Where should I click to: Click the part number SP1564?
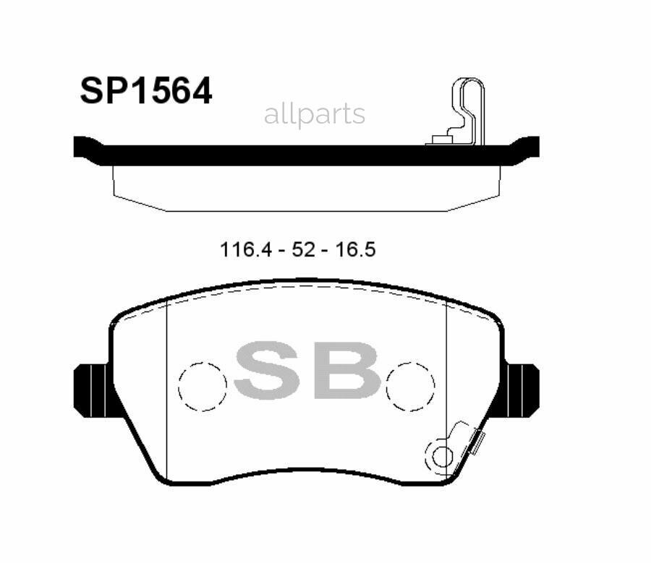point(145,92)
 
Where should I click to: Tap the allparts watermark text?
point(314,114)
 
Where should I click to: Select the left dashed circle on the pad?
point(203,384)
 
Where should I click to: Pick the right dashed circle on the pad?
point(410,384)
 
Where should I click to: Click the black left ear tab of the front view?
point(90,390)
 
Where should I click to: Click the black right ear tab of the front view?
point(522,390)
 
